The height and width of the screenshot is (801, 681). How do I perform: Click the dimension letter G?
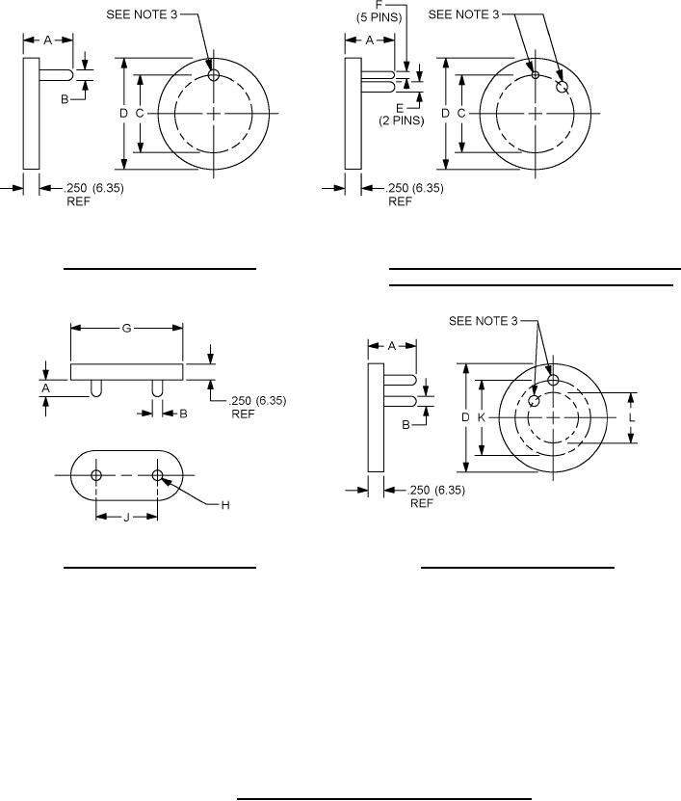click(126, 328)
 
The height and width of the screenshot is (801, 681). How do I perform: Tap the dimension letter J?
click(126, 518)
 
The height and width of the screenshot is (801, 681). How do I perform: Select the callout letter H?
click(225, 505)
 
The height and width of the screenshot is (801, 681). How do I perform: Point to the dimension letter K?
click(481, 417)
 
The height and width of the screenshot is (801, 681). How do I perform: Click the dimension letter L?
click(632, 417)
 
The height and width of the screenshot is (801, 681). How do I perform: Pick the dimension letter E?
click(400, 108)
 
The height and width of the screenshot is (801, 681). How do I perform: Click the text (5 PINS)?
click(379, 16)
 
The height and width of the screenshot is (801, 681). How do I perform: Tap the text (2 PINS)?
click(402, 120)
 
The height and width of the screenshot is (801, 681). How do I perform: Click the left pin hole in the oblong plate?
click(96, 475)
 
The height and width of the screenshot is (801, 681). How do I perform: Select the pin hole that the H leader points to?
click(157, 475)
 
